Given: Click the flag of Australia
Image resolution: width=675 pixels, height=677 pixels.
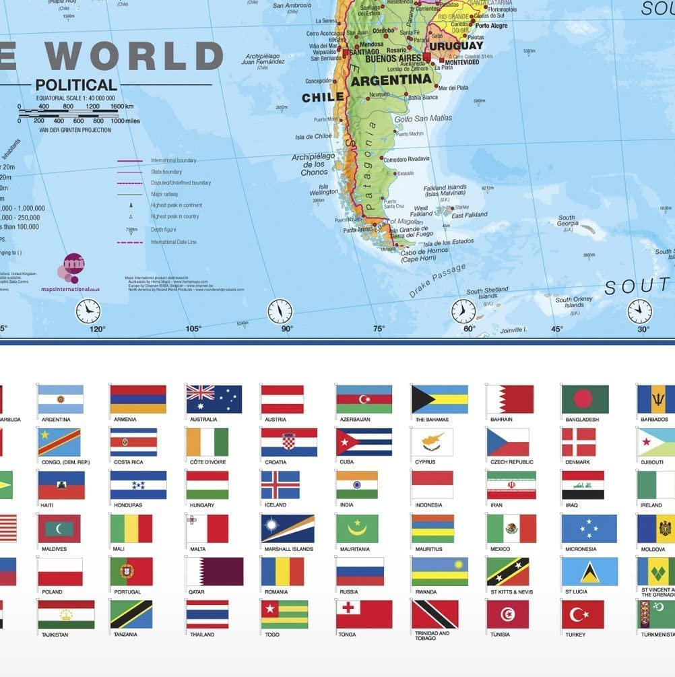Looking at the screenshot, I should pos(214,399).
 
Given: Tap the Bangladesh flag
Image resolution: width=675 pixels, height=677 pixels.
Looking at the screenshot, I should pos(585,399).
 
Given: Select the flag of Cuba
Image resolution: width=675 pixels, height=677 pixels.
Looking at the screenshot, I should pos(364,442).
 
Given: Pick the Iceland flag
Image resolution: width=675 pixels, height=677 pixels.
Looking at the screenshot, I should pos(280,485).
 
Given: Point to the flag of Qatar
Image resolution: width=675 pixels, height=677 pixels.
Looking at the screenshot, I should pos(215,571).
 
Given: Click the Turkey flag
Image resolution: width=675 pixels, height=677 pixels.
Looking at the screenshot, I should pos(583,614).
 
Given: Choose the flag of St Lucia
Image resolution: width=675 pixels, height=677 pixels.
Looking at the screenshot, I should pos(589,571).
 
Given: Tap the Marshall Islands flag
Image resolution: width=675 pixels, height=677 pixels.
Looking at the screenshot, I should pos(288,528).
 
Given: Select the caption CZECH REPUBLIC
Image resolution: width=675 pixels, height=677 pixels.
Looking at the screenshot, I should pos(512,462).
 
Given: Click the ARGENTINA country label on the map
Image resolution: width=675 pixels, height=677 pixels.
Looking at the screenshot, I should pos(391,79).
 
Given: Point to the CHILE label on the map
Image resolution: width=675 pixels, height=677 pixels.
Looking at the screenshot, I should pos(323,98).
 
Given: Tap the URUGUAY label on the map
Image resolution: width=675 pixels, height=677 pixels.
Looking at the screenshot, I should pos(456,46).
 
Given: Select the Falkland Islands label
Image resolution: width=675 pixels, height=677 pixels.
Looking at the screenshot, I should pos(445,187).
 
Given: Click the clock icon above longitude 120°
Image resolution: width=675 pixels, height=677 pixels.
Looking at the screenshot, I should pos(88,311).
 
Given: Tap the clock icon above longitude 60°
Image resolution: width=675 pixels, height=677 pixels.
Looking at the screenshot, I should pos(463,311).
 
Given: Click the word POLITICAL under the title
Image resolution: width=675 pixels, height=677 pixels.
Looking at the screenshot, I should pos(76,86).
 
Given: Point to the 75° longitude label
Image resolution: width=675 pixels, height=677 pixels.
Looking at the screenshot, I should pos(379,329).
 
